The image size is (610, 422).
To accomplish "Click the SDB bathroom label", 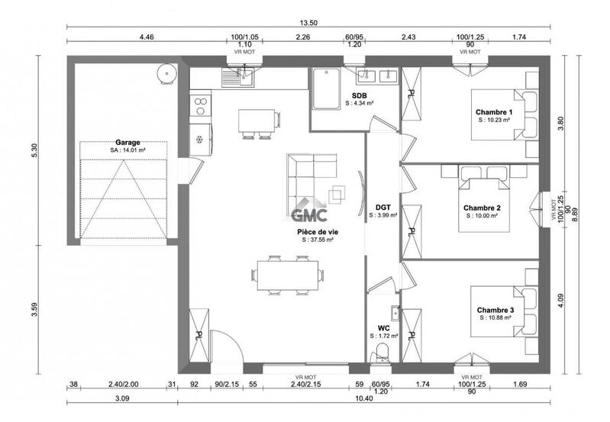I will (x=359, y=95).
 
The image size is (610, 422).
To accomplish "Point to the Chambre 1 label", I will (x=494, y=113).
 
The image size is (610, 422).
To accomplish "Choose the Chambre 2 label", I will (x=482, y=208).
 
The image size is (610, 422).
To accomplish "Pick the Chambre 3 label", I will (x=495, y=310).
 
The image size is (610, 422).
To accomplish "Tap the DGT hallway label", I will (x=383, y=207).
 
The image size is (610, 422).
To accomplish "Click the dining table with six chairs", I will (x=287, y=273).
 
